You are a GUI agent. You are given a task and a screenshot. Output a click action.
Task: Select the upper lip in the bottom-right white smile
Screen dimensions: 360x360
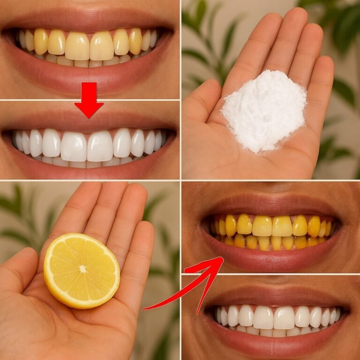tap(277, 299)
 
